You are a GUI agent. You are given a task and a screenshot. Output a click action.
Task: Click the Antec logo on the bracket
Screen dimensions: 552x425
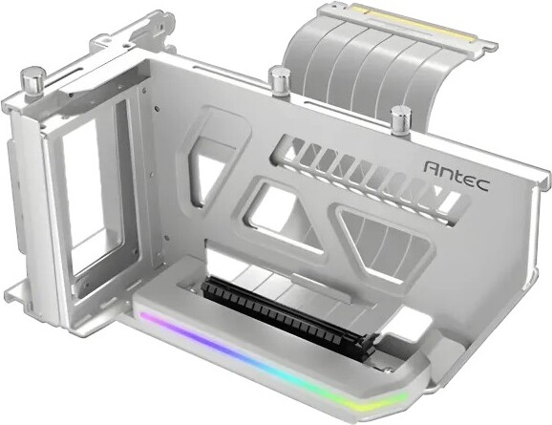point(456,176)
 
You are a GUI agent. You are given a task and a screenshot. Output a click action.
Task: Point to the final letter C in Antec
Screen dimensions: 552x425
point(482,185)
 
